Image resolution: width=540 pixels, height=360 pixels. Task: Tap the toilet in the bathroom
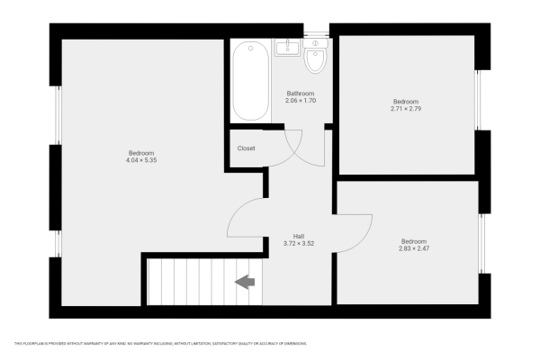[x=315, y=59]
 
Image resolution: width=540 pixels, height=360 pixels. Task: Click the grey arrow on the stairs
[x=244, y=283]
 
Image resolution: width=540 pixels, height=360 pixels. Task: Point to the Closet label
[x=246, y=148]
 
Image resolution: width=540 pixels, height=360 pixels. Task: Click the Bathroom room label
[x=300, y=94]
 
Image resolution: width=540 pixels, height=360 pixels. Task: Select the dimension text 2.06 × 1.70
[x=300, y=101]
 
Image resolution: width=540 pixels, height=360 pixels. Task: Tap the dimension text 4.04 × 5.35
[x=140, y=160]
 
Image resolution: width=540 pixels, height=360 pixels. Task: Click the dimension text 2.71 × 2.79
[x=405, y=109]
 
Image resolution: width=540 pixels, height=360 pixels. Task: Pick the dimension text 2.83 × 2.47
[x=413, y=247]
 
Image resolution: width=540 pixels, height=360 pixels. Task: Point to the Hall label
[x=285, y=236]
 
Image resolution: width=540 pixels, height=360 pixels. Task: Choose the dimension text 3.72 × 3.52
[x=285, y=243]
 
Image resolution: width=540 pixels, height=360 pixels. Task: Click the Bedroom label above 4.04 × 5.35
[x=140, y=153]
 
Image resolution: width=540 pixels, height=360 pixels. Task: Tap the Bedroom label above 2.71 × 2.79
[x=405, y=102]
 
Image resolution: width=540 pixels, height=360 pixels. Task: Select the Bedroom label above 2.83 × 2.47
[x=413, y=240]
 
